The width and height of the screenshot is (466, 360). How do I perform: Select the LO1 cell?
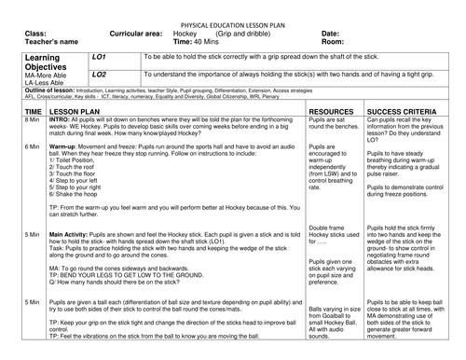(101, 57)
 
